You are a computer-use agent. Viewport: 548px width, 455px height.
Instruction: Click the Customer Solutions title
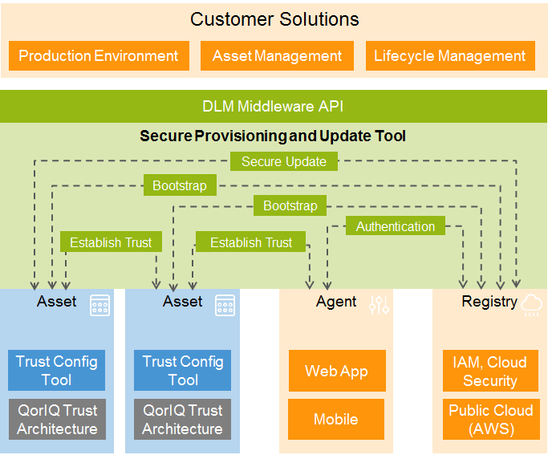click(x=274, y=19)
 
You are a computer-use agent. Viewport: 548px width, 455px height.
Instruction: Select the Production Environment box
click(x=99, y=56)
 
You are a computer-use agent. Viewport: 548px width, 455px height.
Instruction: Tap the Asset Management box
click(x=277, y=56)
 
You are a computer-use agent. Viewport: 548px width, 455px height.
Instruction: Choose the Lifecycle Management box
click(x=449, y=56)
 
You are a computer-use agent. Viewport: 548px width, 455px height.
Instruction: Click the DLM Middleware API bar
click(x=274, y=106)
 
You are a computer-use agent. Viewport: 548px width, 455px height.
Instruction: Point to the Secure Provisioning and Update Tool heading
click(x=273, y=136)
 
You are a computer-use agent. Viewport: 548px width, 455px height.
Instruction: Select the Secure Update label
click(x=283, y=161)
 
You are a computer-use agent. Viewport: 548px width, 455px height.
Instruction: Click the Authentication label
click(x=395, y=226)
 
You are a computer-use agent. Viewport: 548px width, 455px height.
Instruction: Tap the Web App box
click(x=336, y=371)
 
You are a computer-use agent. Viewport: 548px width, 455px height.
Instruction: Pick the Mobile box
click(x=336, y=419)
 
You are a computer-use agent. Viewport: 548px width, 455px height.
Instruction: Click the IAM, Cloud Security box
click(x=489, y=371)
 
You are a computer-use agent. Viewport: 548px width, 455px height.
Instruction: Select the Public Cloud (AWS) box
click(x=489, y=419)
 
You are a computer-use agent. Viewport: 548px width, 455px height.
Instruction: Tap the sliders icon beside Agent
click(x=379, y=304)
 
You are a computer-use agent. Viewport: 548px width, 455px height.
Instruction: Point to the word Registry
click(x=489, y=302)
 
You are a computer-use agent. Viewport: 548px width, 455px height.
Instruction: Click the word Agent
click(x=336, y=302)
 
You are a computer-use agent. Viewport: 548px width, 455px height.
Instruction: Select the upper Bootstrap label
click(x=180, y=185)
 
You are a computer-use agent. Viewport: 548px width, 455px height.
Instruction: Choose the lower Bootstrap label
click(x=290, y=206)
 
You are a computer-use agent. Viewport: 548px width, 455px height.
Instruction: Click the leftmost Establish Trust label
click(x=111, y=242)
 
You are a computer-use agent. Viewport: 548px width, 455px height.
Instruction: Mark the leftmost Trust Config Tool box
click(x=57, y=371)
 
